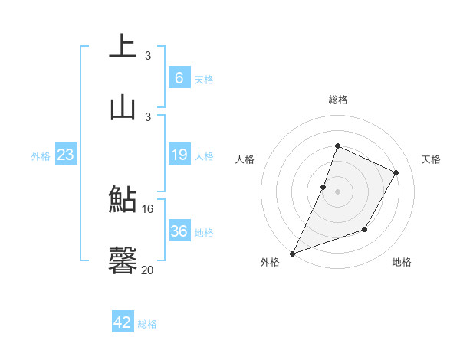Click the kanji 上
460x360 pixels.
point(123,46)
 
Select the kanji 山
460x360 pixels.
point(123,106)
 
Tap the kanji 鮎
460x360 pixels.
point(123,200)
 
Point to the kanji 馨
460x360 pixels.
point(123,260)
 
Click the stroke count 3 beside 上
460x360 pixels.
point(148,56)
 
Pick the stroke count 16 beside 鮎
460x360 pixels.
point(148,208)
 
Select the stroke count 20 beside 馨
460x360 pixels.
point(148,270)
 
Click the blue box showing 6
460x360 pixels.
point(179,77)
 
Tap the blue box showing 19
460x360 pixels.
point(179,155)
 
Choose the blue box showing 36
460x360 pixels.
point(179,231)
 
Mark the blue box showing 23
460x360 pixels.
point(66,155)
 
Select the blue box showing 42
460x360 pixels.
point(123,322)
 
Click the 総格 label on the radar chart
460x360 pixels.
point(337,100)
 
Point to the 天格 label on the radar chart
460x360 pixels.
point(431,159)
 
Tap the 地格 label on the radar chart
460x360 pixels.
point(402,263)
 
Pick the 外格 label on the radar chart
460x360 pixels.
point(270,263)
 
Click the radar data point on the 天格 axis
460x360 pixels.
point(396,173)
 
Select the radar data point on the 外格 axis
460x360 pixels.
point(292,254)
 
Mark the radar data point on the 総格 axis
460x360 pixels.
point(337,146)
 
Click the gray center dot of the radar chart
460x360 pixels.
point(337,191)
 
